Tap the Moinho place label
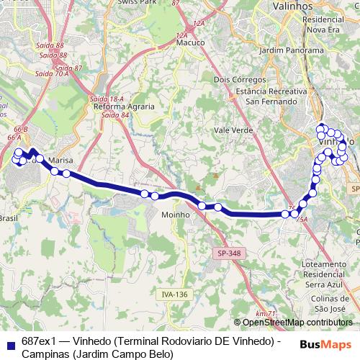(x=176, y=215)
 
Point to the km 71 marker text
(x=266, y=313)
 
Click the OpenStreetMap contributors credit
(x=297, y=323)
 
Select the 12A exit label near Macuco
(x=181, y=35)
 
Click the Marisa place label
(x=62, y=161)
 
